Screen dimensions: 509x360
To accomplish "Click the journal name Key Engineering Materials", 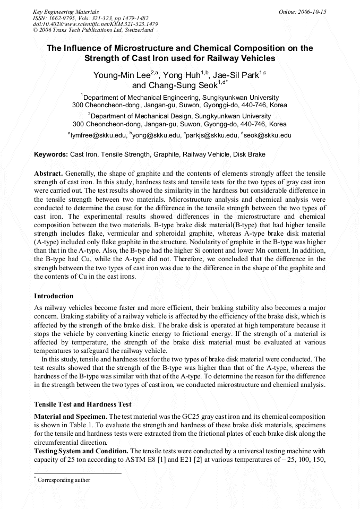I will pyautogui.click(x=66, y=11).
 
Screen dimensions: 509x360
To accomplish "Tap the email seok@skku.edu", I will pyautogui.click(x=268, y=135).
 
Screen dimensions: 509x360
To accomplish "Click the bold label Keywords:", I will pyautogui.click(x=51, y=154).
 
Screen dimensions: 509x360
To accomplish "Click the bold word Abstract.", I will pyautogui.click(x=49, y=174).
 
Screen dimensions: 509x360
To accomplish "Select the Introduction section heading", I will pyautogui.click(x=54, y=296).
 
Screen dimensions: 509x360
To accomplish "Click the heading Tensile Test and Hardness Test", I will pyautogui.click(x=82, y=404).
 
